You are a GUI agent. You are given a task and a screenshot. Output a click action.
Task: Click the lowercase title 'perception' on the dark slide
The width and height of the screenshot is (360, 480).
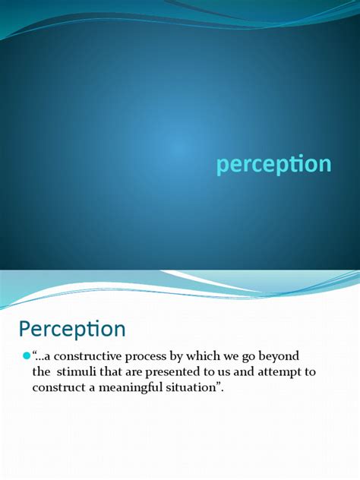(273, 165)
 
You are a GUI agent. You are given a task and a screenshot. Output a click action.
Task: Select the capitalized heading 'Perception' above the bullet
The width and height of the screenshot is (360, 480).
(71, 330)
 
